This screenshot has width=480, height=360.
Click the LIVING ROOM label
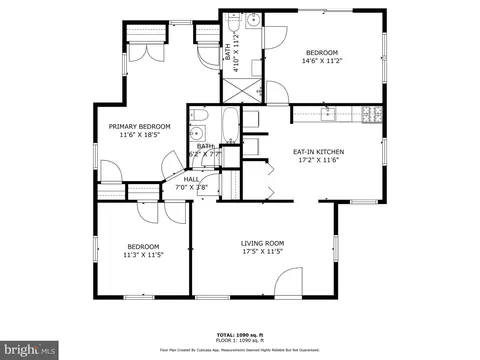[x=262, y=243]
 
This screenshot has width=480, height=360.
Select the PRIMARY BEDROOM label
[x=139, y=126]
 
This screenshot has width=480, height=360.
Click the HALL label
[x=191, y=179]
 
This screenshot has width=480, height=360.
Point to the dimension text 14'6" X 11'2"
[x=321, y=61]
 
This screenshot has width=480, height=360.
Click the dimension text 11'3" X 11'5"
[x=143, y=255]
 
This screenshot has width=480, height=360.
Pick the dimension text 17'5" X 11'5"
[x=262, y=252]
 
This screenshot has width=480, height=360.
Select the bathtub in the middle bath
[x=229, y=127]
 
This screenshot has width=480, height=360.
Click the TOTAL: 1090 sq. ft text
[x=240, y=334]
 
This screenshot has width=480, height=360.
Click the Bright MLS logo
[x=29, y=350]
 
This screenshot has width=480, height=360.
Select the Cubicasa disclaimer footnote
[x=240, y=350]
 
